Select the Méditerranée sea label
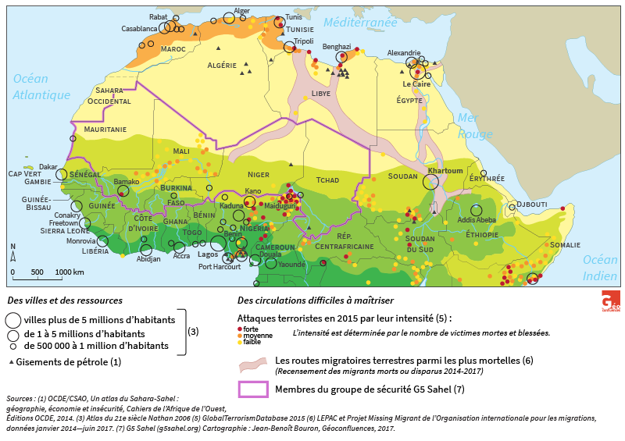(361, 23)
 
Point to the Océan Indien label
(600, 268)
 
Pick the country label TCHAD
(328, 180)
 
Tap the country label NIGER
(258, 174)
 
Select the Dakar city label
(48, 166)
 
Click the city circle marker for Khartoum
(430, 182)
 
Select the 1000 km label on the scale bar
(70, 272)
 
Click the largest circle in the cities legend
(12, 320)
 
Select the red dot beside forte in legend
(240, 329)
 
